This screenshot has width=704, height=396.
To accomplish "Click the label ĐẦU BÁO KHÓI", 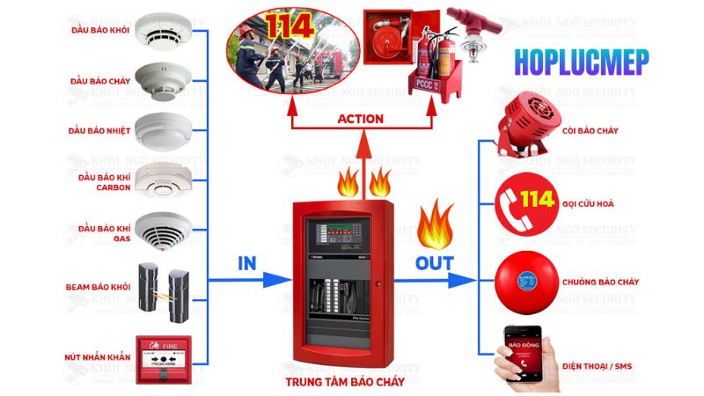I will coord(99,31).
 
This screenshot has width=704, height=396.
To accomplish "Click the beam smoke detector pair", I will coord(165,286).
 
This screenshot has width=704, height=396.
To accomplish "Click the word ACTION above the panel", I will coord(361,118).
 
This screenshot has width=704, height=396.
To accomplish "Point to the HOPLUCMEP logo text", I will coord(583,62).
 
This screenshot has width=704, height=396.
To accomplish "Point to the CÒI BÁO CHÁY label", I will coord(589,130).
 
